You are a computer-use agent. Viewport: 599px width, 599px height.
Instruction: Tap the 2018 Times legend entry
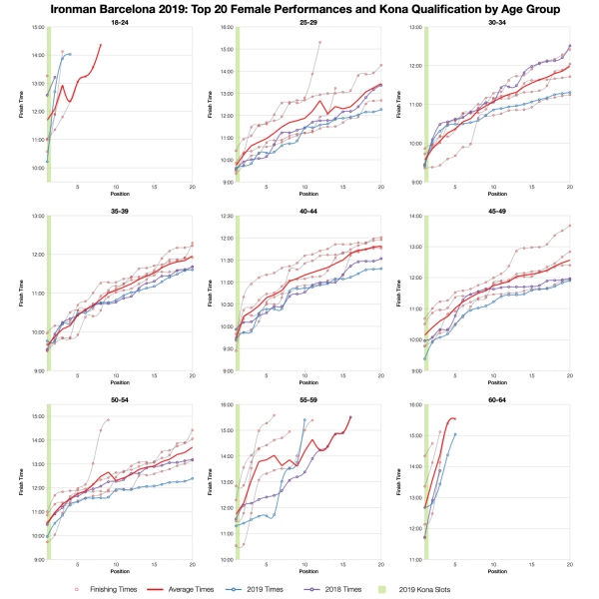pyautogui.click(x=399, y=589)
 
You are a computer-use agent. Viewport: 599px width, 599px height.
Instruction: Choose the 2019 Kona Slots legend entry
pyautogui.click(x=480, y=589)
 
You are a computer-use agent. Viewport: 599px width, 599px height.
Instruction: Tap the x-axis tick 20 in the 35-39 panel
pyautogui.click(x=192, y=376)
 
